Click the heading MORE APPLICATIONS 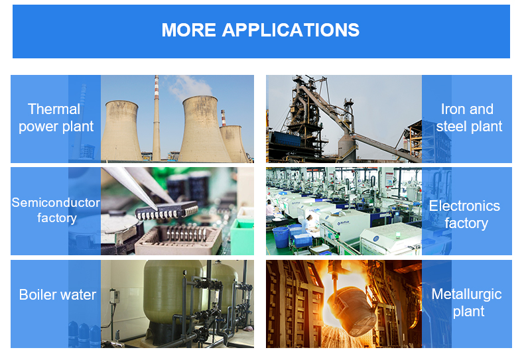[x=261, y=30]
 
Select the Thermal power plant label [x=55, y=118]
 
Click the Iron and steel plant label [x=468, y=118]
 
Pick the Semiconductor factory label [x=56, y=210]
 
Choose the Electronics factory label [x=465, y=214]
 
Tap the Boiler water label [x=57, y=295]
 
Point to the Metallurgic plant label [x=467, y=303]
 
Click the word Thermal [x=54, y=109]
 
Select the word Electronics [x=464, y=206]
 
